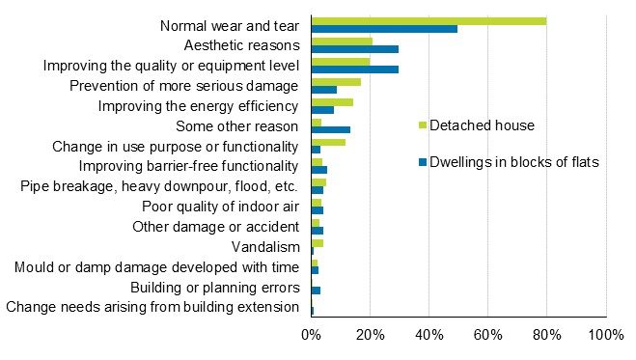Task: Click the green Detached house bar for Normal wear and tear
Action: point(429,21)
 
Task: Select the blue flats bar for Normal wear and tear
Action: point(384,29)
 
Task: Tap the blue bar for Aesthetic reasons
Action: point(354,49)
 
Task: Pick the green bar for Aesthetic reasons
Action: point(342,42)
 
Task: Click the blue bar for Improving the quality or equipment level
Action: point(354,69)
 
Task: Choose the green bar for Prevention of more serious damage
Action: point(336,82)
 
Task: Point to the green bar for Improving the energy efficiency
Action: point(332,102)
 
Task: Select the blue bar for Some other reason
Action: point(330,129)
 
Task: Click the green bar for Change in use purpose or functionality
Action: point(328,142)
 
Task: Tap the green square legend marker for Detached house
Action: point(421,125)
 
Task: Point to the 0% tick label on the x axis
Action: point(311,334)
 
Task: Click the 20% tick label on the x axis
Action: point(370,334)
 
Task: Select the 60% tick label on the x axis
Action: point(487,334)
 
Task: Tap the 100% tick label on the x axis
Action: point(605,334)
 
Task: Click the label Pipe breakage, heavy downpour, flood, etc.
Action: point(159,186)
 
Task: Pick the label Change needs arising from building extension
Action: point(153,308)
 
